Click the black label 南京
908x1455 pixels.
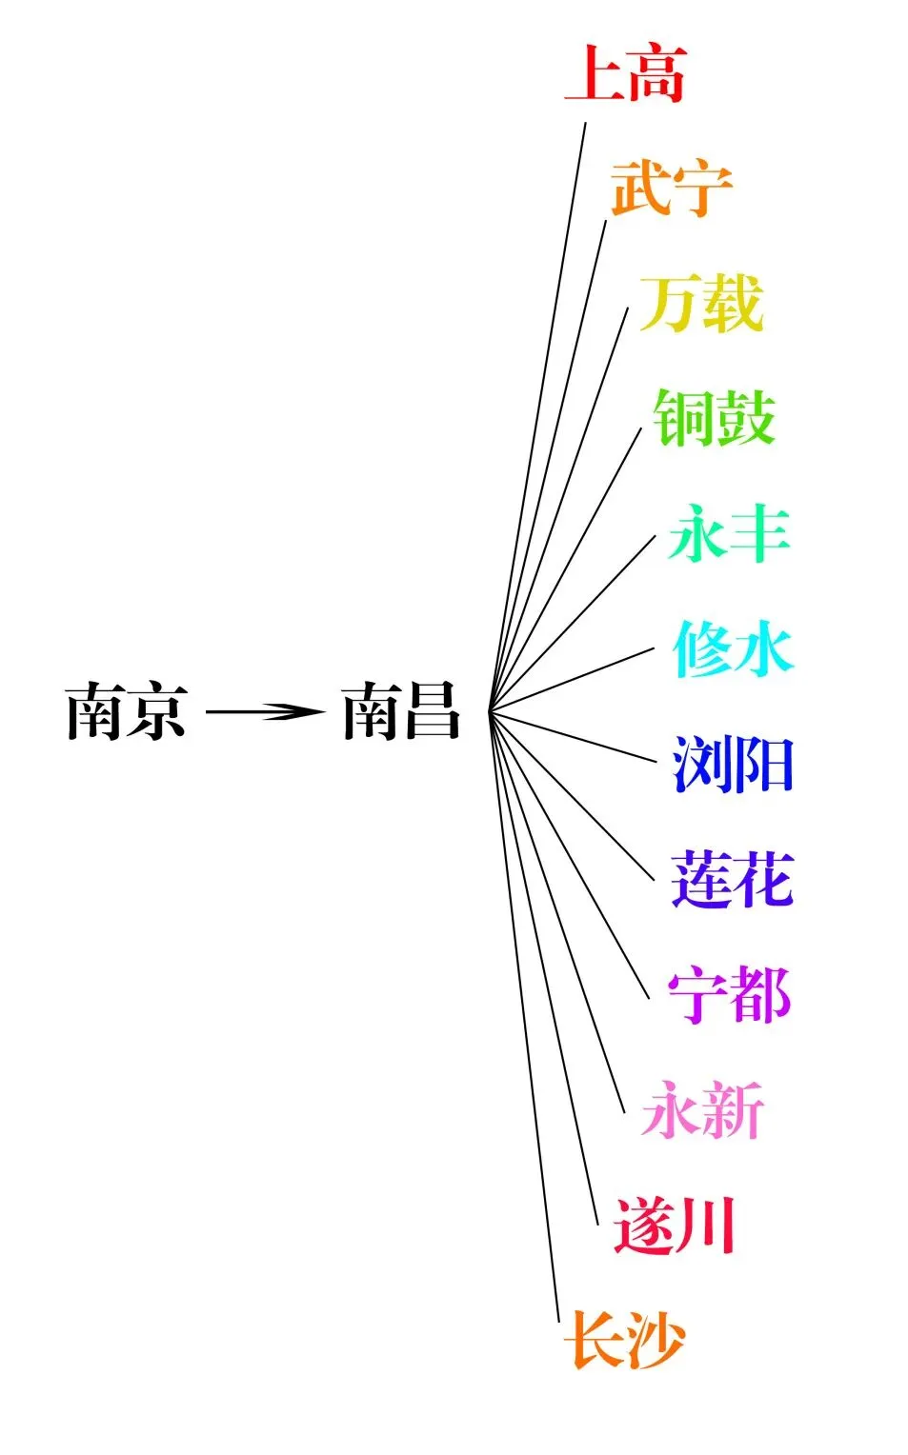[126, 711]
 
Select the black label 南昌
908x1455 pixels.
[401, 711]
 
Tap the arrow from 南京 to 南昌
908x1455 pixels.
[264, 711]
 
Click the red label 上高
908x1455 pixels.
[625, 73]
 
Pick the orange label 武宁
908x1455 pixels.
[671, 189]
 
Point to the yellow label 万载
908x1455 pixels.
[701, 304]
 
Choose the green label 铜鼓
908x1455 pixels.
[715, 418]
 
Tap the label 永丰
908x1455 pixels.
[730, 533]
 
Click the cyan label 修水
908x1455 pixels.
[733, 649]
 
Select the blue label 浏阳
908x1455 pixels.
[733, 765]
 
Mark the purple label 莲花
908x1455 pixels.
[732, 879]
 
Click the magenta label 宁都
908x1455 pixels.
[729, 995]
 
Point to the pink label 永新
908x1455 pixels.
[703, 1110]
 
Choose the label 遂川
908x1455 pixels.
[675, 1226]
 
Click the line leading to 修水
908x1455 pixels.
[572, 679]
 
